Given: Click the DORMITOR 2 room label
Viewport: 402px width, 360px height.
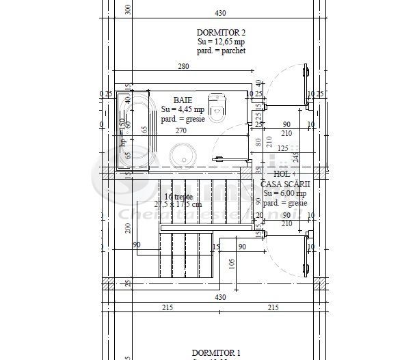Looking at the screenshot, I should pyautogui.click(x=221, y=32).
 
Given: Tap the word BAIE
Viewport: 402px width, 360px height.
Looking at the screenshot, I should pyautogui.click(x=183, y=100).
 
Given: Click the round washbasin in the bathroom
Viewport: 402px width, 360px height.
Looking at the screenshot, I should pyautogui.click(x=183, y=154).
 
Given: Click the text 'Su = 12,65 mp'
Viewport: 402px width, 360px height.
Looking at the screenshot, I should pyautogui.click(x=221, y=42).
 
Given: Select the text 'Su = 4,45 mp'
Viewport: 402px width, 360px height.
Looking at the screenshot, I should pyautogui.click(x=183, y=109).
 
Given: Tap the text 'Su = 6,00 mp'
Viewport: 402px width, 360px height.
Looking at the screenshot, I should pyautogui.click(x=284, y=193).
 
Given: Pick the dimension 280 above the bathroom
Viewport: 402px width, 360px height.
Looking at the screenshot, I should pyautogui.click(x=183, y=66).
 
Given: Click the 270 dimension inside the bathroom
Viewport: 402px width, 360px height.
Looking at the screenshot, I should pyautogui.click(x=181, y=130).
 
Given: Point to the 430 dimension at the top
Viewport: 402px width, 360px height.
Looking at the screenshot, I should pyautogui.click(x=220, y=13).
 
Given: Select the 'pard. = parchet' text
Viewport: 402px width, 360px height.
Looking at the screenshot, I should pyautogui.click(x=221, y=51).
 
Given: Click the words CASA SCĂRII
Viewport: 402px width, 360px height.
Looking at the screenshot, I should pyautogui.click(x=286, y=184).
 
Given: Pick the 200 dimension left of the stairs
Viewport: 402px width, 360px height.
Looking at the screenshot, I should pyautogui.click(x=128, y=227).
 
